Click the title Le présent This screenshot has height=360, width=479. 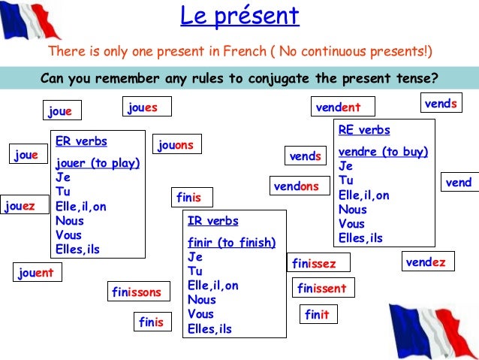(x=239, y=16)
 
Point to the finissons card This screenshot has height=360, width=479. (x=136, y=291)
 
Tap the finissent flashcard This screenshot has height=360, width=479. (x=321, y=288)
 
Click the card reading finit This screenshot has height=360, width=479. (x=317, y=315)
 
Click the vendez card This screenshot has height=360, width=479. (x=426, y=262)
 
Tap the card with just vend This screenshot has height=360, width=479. (x=458, y=183)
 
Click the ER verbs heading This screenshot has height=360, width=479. (x=81, y=141)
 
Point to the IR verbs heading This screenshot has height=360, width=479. (x=213, y=221)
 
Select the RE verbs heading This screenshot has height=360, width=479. (x=364, y=130)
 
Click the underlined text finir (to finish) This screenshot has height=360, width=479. (x=231, y=242)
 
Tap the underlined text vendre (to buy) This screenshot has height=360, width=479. (x=383, y=152)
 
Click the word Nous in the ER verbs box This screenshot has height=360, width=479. (x=69, y=221)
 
